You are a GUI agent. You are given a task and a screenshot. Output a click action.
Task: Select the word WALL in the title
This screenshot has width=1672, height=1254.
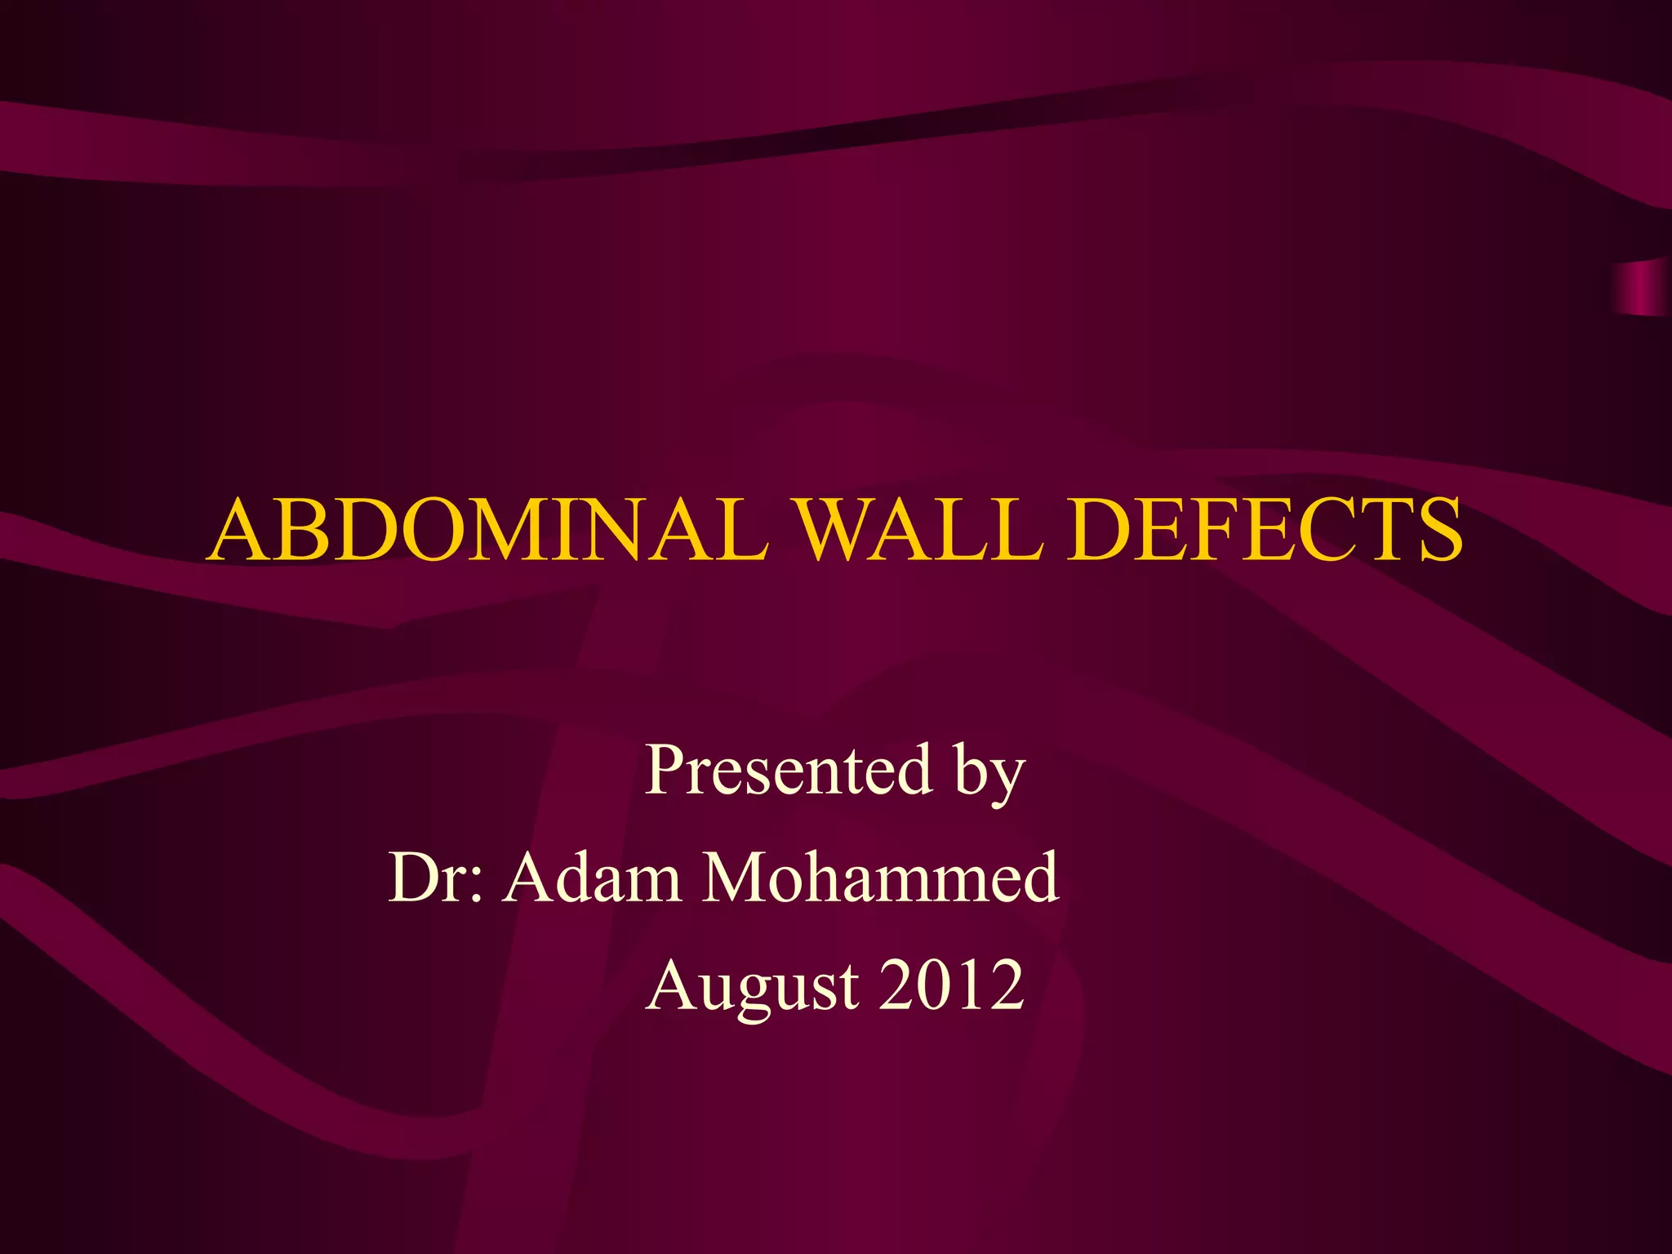[x=919, y=531]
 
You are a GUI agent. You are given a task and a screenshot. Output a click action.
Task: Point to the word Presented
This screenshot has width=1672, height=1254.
[x=789, y=770]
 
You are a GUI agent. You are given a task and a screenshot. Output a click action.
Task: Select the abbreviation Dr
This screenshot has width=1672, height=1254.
[x=429, y=878]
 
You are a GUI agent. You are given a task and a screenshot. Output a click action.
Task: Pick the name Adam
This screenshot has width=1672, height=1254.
[x=592, y=878]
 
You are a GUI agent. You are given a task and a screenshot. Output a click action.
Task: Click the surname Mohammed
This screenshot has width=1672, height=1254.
[x=881, y=878]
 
